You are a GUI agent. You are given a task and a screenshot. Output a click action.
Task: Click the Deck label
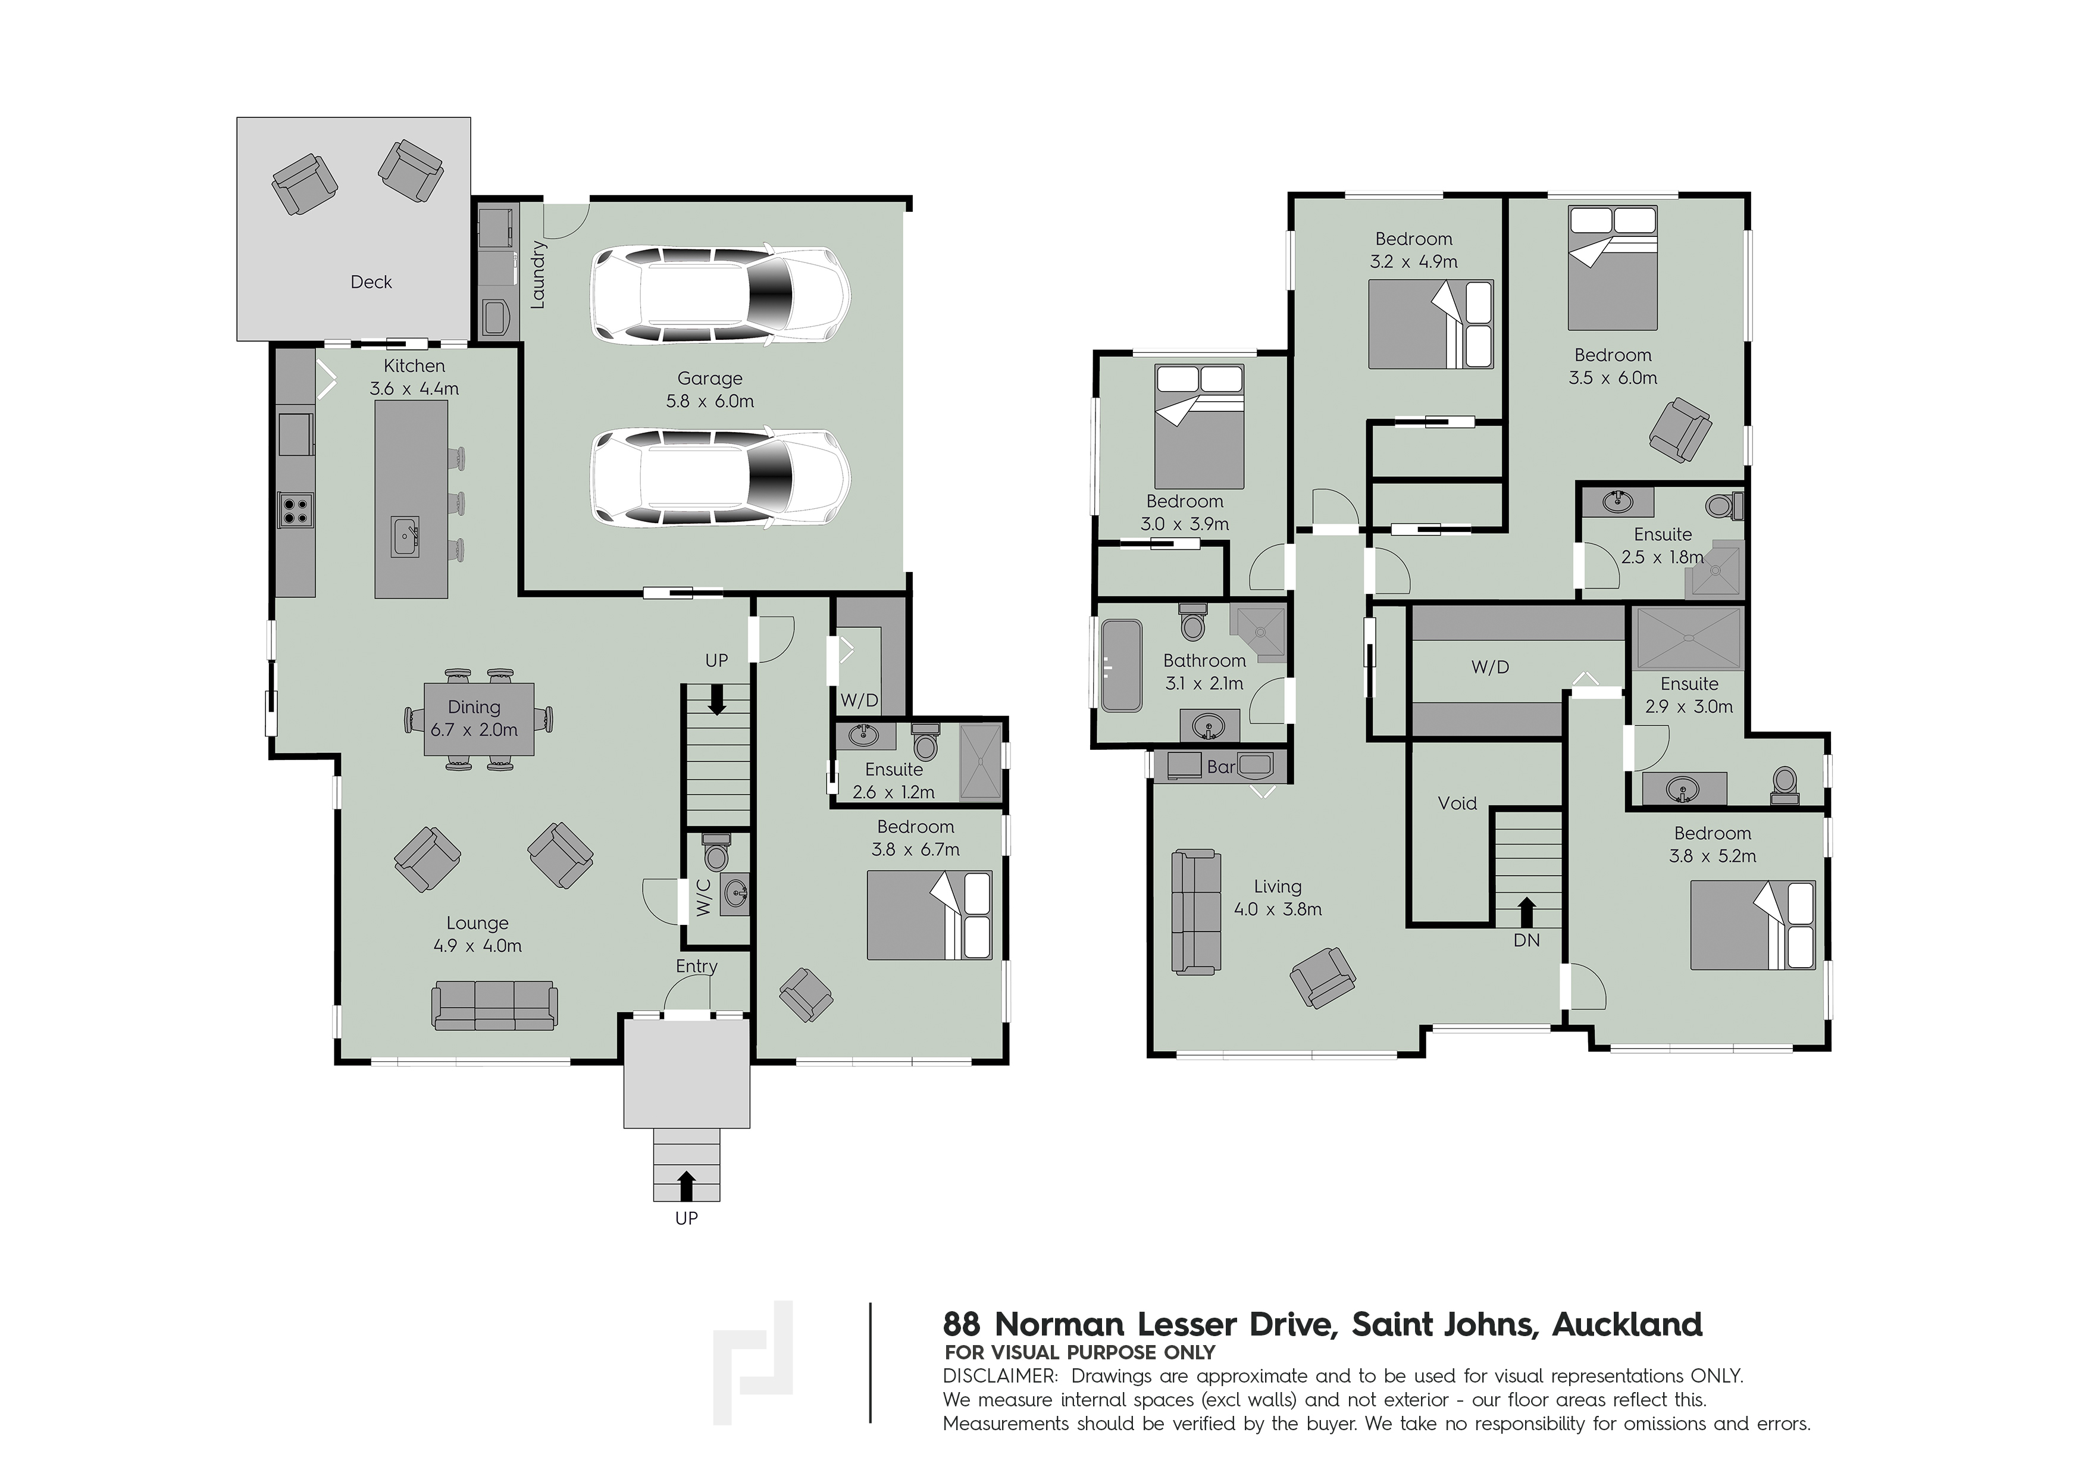pyautogui.click(x=371, y=282)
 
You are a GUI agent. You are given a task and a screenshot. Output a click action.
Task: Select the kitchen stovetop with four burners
pyautogui.click(x=296, y=510)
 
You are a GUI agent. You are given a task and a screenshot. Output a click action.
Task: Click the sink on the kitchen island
pyautogui.click(x=405, y=537)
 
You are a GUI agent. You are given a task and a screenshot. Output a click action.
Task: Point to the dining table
pyautogui.click(x=478, y=718)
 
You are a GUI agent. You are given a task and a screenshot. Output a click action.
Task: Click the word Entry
pyautogui.click(x=697, y=967)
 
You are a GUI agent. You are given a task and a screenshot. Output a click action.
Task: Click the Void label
pyautogui.click(x=1457, y=803)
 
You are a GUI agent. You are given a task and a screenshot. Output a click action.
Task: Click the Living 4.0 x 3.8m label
pyautogui.click(x=1278, y=898)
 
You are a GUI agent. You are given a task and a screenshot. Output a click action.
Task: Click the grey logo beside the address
pyautogui.click(x=753, y=1361)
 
